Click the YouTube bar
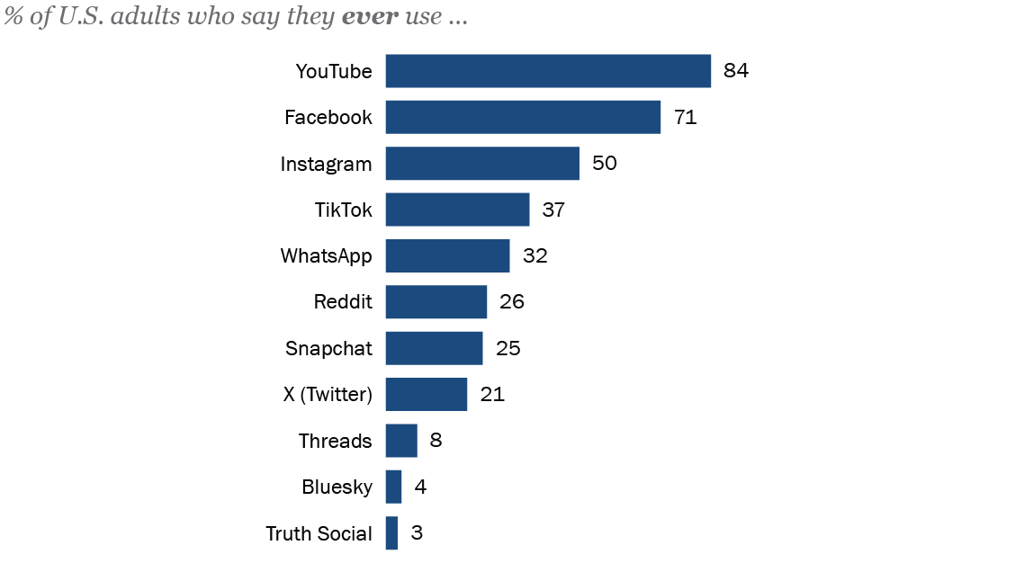point(548,71)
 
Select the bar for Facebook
point(523,117)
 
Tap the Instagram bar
point(482,164)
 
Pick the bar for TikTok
point(457,210)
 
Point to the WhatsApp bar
point(447,255)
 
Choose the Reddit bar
point(436,302)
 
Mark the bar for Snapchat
point(434,348)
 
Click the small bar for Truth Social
point(391,533)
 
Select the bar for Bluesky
point(393,487)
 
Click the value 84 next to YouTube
point(736,71)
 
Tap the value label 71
point(686,117)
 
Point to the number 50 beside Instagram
point(605,164)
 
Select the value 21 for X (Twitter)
point(492,394)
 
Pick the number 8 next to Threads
point(436,441)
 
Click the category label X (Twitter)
point(328,394)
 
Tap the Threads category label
point(336,441)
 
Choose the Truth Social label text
point(319,533)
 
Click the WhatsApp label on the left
point(326,255)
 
